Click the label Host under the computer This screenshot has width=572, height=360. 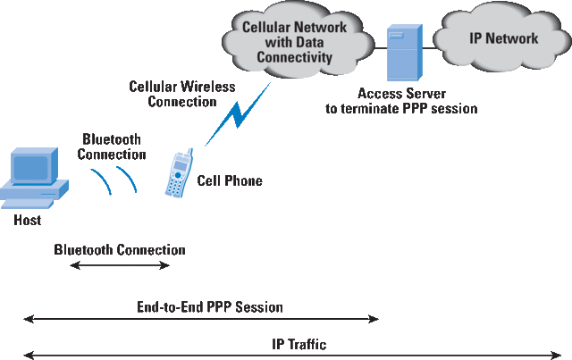pyautogui.click(x=27, y=220)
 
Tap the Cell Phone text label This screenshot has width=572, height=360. pyautogui.click(x=230, y=180)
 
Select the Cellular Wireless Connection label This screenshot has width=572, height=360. pyautogui.click(x=181, y=94)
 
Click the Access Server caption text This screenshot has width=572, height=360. pyautogui.click(x=401, y=100)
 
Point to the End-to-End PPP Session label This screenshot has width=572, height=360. pyautogui.click(x=205, y=307)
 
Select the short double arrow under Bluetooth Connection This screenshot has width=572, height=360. pyautogui.click(x=119, y=266)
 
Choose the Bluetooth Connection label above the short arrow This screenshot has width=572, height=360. pyautogui.click(x=119, y=250)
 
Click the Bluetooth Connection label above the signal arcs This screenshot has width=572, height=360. pyautogui.click(x=112, y=147)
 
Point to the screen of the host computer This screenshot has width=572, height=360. pyautogui.click(x=29, y=166)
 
